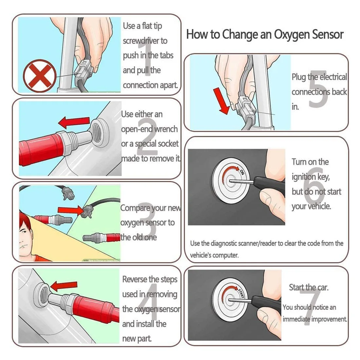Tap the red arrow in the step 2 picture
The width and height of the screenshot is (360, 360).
74,123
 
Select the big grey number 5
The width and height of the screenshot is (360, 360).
318,89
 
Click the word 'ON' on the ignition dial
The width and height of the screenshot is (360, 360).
242,172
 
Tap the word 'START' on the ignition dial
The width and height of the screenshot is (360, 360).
241,293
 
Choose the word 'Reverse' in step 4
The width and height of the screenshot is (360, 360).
135,279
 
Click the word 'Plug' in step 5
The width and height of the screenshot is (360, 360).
299,78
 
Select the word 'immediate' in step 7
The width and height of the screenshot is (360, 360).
296,319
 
